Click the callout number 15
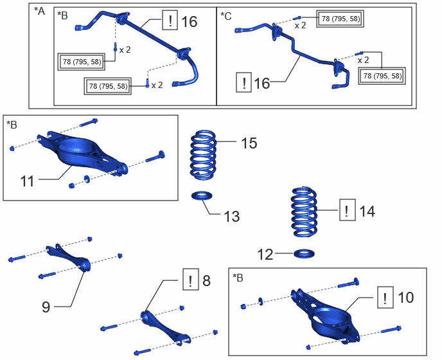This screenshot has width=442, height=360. [x=249, y=143]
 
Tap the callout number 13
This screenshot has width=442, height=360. [x=232, y=217]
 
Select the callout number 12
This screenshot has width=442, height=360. [x=265, y=255]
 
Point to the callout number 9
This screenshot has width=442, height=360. [x=46, y=307]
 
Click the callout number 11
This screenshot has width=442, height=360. [x=27, y=181]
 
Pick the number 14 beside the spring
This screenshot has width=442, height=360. [x=367, y=211]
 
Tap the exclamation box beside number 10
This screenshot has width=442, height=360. [x=385, y=298]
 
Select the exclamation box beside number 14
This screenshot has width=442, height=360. [x=348, y=210]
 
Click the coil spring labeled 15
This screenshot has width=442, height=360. [x=204, y=155]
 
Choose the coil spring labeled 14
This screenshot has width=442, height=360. [x=304, y=212]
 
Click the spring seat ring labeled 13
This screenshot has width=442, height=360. [x=202, y=195]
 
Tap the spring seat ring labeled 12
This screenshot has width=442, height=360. [x=304, y=254]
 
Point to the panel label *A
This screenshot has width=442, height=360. [x=39, y=12]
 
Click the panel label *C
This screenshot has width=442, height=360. [x=225, y=16]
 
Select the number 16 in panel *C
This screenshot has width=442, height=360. [x=262, y=83]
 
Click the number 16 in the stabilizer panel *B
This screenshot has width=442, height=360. [x=189, y=22]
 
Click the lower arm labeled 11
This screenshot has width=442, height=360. [x=82, y=153]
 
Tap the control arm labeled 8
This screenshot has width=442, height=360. [x=166, y=327]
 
